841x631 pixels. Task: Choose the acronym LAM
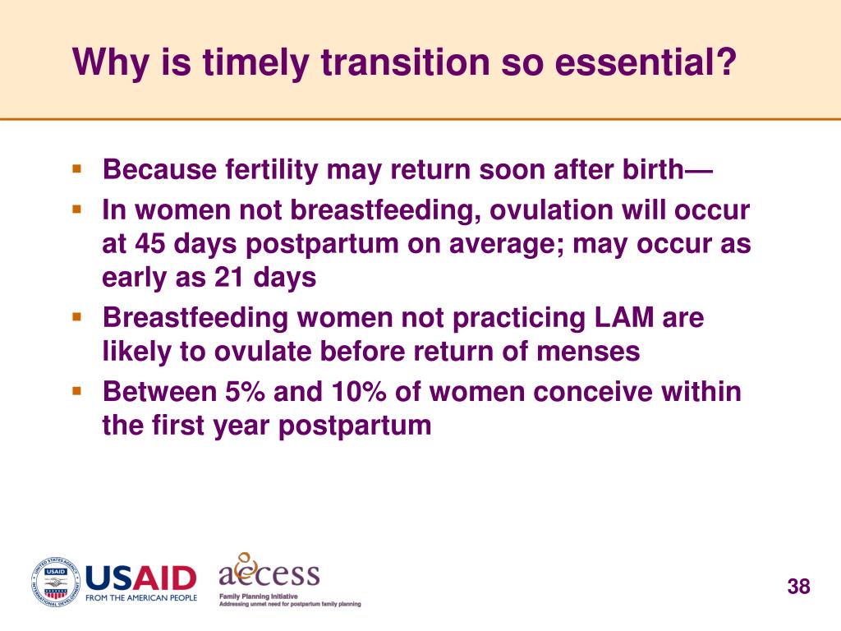624,318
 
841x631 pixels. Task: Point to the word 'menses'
588,352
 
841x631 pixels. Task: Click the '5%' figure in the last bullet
245,392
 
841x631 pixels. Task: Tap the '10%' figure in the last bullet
358,392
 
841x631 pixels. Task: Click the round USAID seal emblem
55,583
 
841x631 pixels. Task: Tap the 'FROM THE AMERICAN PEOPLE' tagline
141,598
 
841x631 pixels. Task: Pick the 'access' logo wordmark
269,571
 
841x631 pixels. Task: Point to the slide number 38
798,587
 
